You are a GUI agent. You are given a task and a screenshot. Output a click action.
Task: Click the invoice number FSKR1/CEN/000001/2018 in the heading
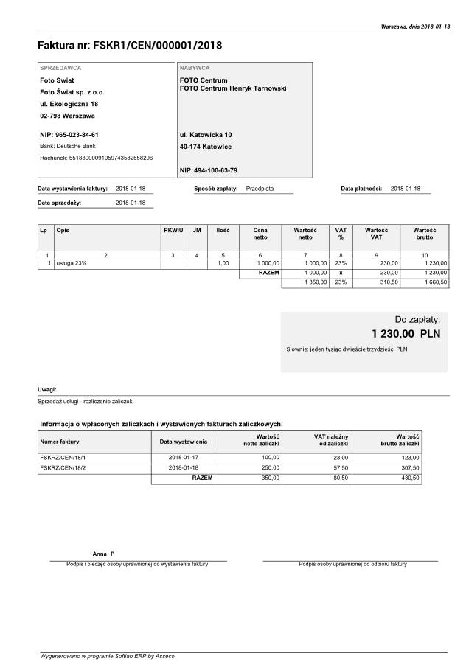point(157,46)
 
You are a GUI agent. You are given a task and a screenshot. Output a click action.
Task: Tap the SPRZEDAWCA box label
point(60,67)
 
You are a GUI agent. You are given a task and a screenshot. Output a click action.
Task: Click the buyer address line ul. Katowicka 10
point(206,135)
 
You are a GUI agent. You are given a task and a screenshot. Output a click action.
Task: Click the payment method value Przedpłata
point(260,189)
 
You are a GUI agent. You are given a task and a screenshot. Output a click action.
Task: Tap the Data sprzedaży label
point(59,202)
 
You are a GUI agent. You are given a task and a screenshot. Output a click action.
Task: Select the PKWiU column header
point(173,231)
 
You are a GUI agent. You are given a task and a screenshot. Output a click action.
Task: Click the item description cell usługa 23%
point(72,263)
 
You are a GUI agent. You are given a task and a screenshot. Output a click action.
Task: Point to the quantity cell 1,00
point(223,263)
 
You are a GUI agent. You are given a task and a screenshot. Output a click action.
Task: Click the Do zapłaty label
point(417,319)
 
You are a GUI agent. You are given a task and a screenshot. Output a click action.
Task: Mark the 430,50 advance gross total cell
point(410,478)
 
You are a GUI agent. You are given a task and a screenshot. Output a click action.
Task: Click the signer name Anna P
point(104,553)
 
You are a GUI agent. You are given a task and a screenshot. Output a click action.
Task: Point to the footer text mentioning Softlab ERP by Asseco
point(107,655)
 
